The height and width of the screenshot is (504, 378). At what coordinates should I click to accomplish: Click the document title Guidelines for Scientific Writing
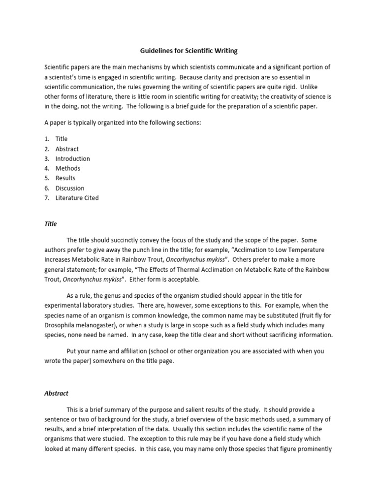pyautogui.click(x=189, y=51)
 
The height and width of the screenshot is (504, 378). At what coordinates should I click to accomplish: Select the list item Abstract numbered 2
pyautogui.click(x=67, y=149)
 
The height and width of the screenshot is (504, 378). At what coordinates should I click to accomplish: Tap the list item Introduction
pyautogui.click(x=72, y=158)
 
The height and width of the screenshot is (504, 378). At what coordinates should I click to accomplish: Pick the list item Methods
pyautogui.click(x=68, y=168)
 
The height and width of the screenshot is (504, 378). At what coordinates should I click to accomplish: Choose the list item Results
pyautogui.click(x=65, y=178)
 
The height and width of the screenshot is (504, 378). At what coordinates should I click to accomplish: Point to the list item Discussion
pyautogui.click(x=70, y=188)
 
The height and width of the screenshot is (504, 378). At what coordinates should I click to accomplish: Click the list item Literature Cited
pyautogui.click(x=77, y=198)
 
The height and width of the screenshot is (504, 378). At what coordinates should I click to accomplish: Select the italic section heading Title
pyautogui.click(x=51, y=223)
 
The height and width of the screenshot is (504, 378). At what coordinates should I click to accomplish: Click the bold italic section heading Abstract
pyautogui.click(x=57, y=393)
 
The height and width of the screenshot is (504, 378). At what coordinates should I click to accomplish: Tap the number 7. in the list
pyautogui.click(x=47, y=198)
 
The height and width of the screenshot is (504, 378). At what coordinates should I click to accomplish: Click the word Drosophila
pyautogui.click(x=61, y=325)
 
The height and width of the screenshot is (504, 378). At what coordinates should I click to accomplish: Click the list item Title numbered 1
pyautogui.click(x=62, y=139)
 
